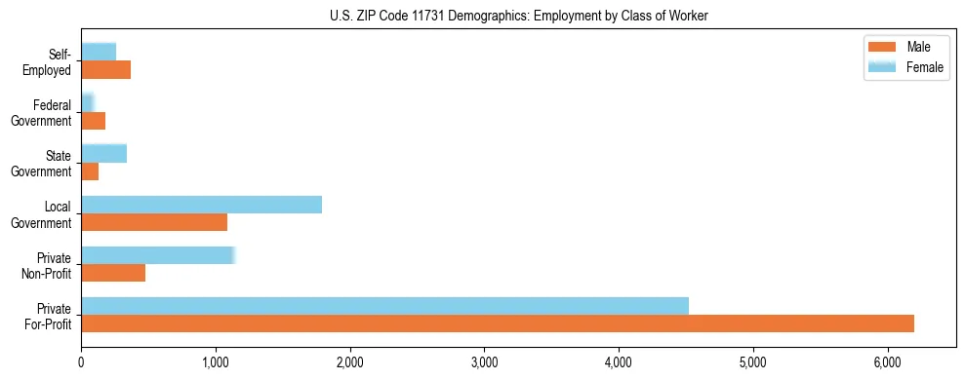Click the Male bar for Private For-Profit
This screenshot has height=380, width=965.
pyautogui.click(x=498, y=323)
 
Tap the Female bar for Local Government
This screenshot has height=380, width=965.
pyautogui.click(x=201, y=205)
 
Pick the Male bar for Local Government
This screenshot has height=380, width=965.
pyautogui.click(x=154, y=222)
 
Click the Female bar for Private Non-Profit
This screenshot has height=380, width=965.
pyautogui.click(x=157, y=255)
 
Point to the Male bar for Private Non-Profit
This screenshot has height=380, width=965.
pyautogui.click(x=113, y=273)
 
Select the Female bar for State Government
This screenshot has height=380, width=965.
pyautogui.click(x=103, y=153)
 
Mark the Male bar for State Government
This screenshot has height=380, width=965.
pyautogui.click(x=90, y=171)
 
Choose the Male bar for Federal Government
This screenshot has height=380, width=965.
pyautogui.click(x=93, y=121)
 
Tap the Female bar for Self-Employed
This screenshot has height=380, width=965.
pyautogui.click(x=99, y=52)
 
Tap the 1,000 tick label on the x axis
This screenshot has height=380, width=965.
pyautogui.click(x=216, y=361)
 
